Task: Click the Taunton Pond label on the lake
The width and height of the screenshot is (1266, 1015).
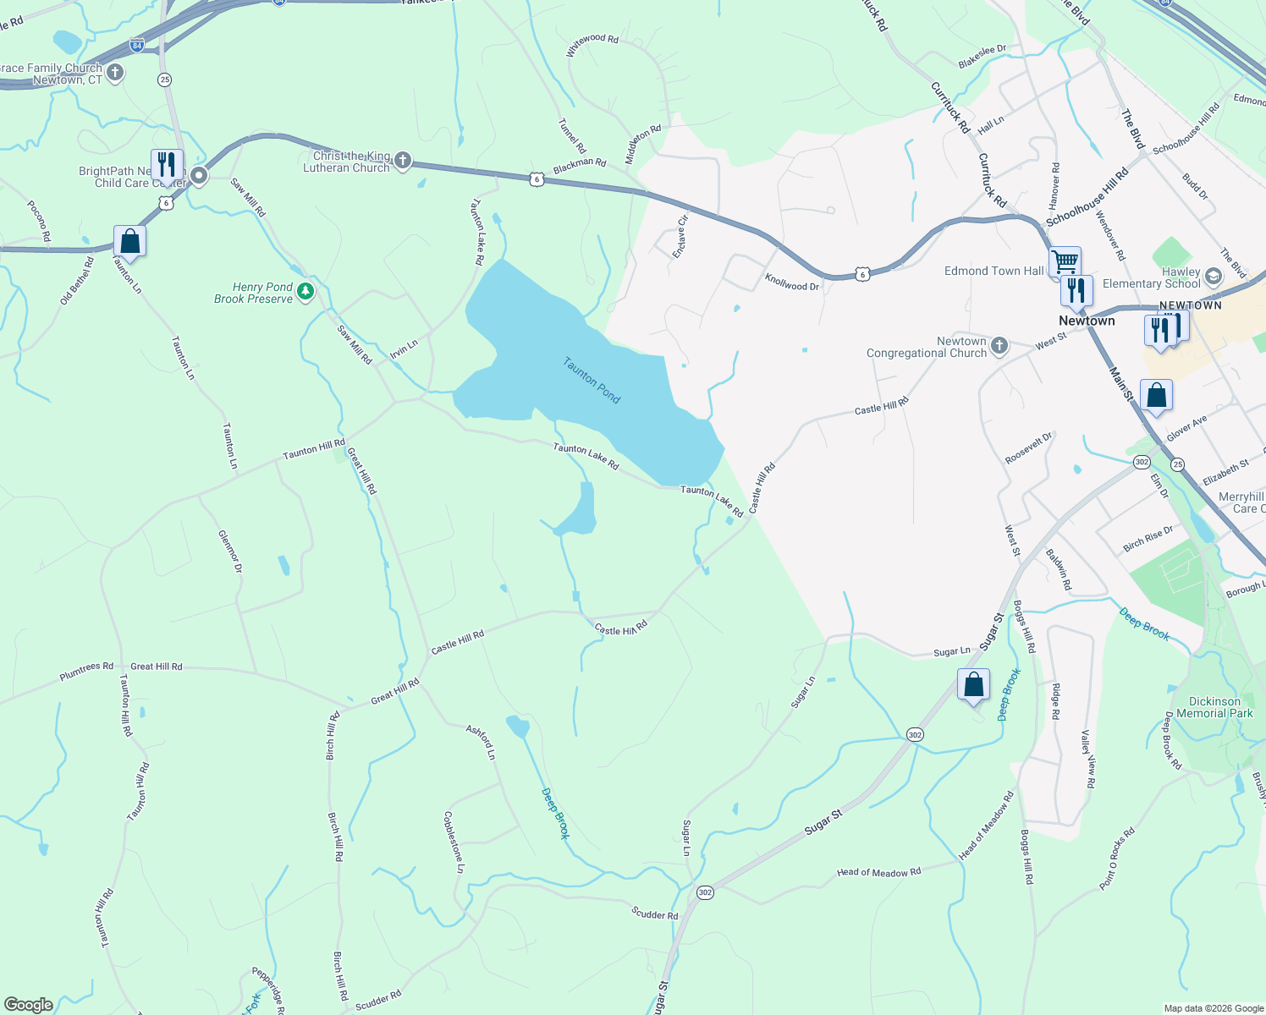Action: (x=592, y=380)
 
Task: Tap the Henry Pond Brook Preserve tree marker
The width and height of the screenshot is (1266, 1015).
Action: (x=305, y=293)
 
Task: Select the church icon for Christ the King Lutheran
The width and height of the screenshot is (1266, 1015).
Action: (x=403, y=160)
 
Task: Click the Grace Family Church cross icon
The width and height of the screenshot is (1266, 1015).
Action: (x=115, y=73)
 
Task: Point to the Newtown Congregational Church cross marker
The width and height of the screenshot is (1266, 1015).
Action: (x=999, y=345)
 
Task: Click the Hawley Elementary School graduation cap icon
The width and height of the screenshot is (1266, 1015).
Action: (x=1213, y=277)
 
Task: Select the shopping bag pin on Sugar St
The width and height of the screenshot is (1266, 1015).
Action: (x=973, y=683)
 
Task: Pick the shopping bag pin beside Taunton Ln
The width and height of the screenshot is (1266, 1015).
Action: (x=129, y=241)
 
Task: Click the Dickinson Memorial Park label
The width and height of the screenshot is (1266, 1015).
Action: (x=1214, y=707)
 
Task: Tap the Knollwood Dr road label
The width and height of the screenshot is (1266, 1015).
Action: (x=792, y=283)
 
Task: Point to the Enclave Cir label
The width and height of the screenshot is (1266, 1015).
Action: (x=680, y=236)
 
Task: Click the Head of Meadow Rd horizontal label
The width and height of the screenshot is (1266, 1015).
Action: (x=878, y=872)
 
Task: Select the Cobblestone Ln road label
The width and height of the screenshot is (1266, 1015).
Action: (x=454, y=842)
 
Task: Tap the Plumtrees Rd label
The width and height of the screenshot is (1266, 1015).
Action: (x=86, y=672)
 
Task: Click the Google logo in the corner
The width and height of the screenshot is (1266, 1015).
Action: (x=29, y=1005)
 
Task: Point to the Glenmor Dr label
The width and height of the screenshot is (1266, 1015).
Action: (x=230, y=551)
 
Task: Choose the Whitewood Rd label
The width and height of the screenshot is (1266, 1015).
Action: (x=592, y=45)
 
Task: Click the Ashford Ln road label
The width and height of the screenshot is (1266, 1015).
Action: (x=481, y=742)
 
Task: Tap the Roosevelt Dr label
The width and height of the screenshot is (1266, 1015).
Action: (x=1029, y=447)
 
